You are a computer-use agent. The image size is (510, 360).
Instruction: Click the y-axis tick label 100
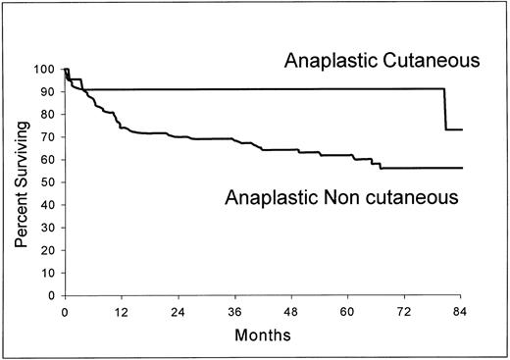click(x=45, y=70)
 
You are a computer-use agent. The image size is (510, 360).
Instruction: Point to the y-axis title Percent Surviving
click(x=20, y=181)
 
